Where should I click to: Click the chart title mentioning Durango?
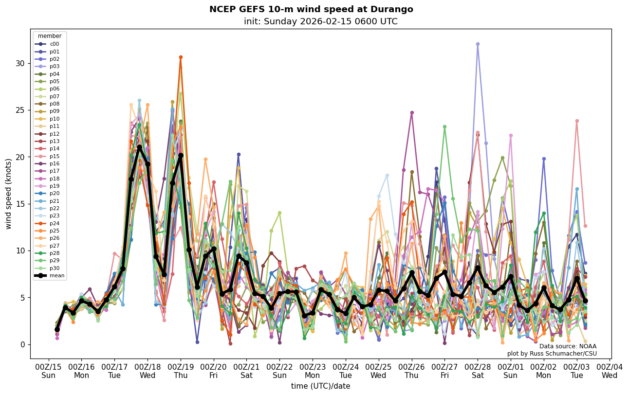pyautogui.click(x=311, y=9)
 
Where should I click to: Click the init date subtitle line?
pyautogui.click(x=320, y=21)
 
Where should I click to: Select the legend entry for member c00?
pyautogui.click(x=54, y=44)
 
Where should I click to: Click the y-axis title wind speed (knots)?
pyautogui.click(x=9, y=194)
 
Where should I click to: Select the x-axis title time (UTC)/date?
pyautogui.click(x=320, y=386)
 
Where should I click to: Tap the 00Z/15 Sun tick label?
pyautogui.click(x=48, y=371)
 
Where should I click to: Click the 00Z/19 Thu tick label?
pyautogui.click(x=181, y=371)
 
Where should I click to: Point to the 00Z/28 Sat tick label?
pyautogui.click(x=478, y=371)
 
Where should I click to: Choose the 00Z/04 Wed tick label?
pyautogui.click(x=610, y=371)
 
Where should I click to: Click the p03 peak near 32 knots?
pyautogui.click(x=478, y=44)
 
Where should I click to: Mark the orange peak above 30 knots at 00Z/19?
pyautogui.click(x=181, y=57)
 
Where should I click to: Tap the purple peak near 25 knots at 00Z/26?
pyautogui.click(x=412, y=112)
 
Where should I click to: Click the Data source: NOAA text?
pyautogui.click(x=568, y=346)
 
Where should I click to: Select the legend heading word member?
pyautogui.click(x=50, y=36)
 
